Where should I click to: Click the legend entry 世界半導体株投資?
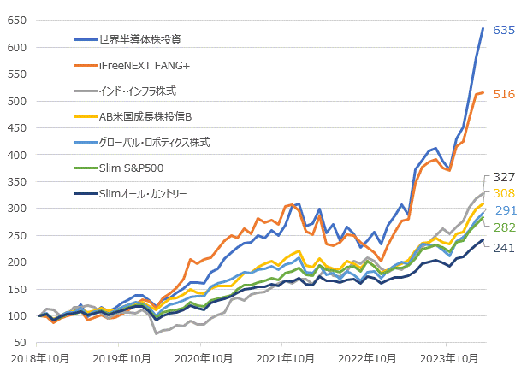140,39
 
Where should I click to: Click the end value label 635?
503,31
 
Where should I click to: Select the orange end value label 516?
503,94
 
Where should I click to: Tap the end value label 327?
503,177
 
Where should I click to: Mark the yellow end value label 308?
503,193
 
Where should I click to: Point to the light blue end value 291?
503,210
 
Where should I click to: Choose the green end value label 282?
503,227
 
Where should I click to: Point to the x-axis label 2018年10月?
39,359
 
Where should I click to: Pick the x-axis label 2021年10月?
284,359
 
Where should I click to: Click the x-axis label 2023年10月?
447,359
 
